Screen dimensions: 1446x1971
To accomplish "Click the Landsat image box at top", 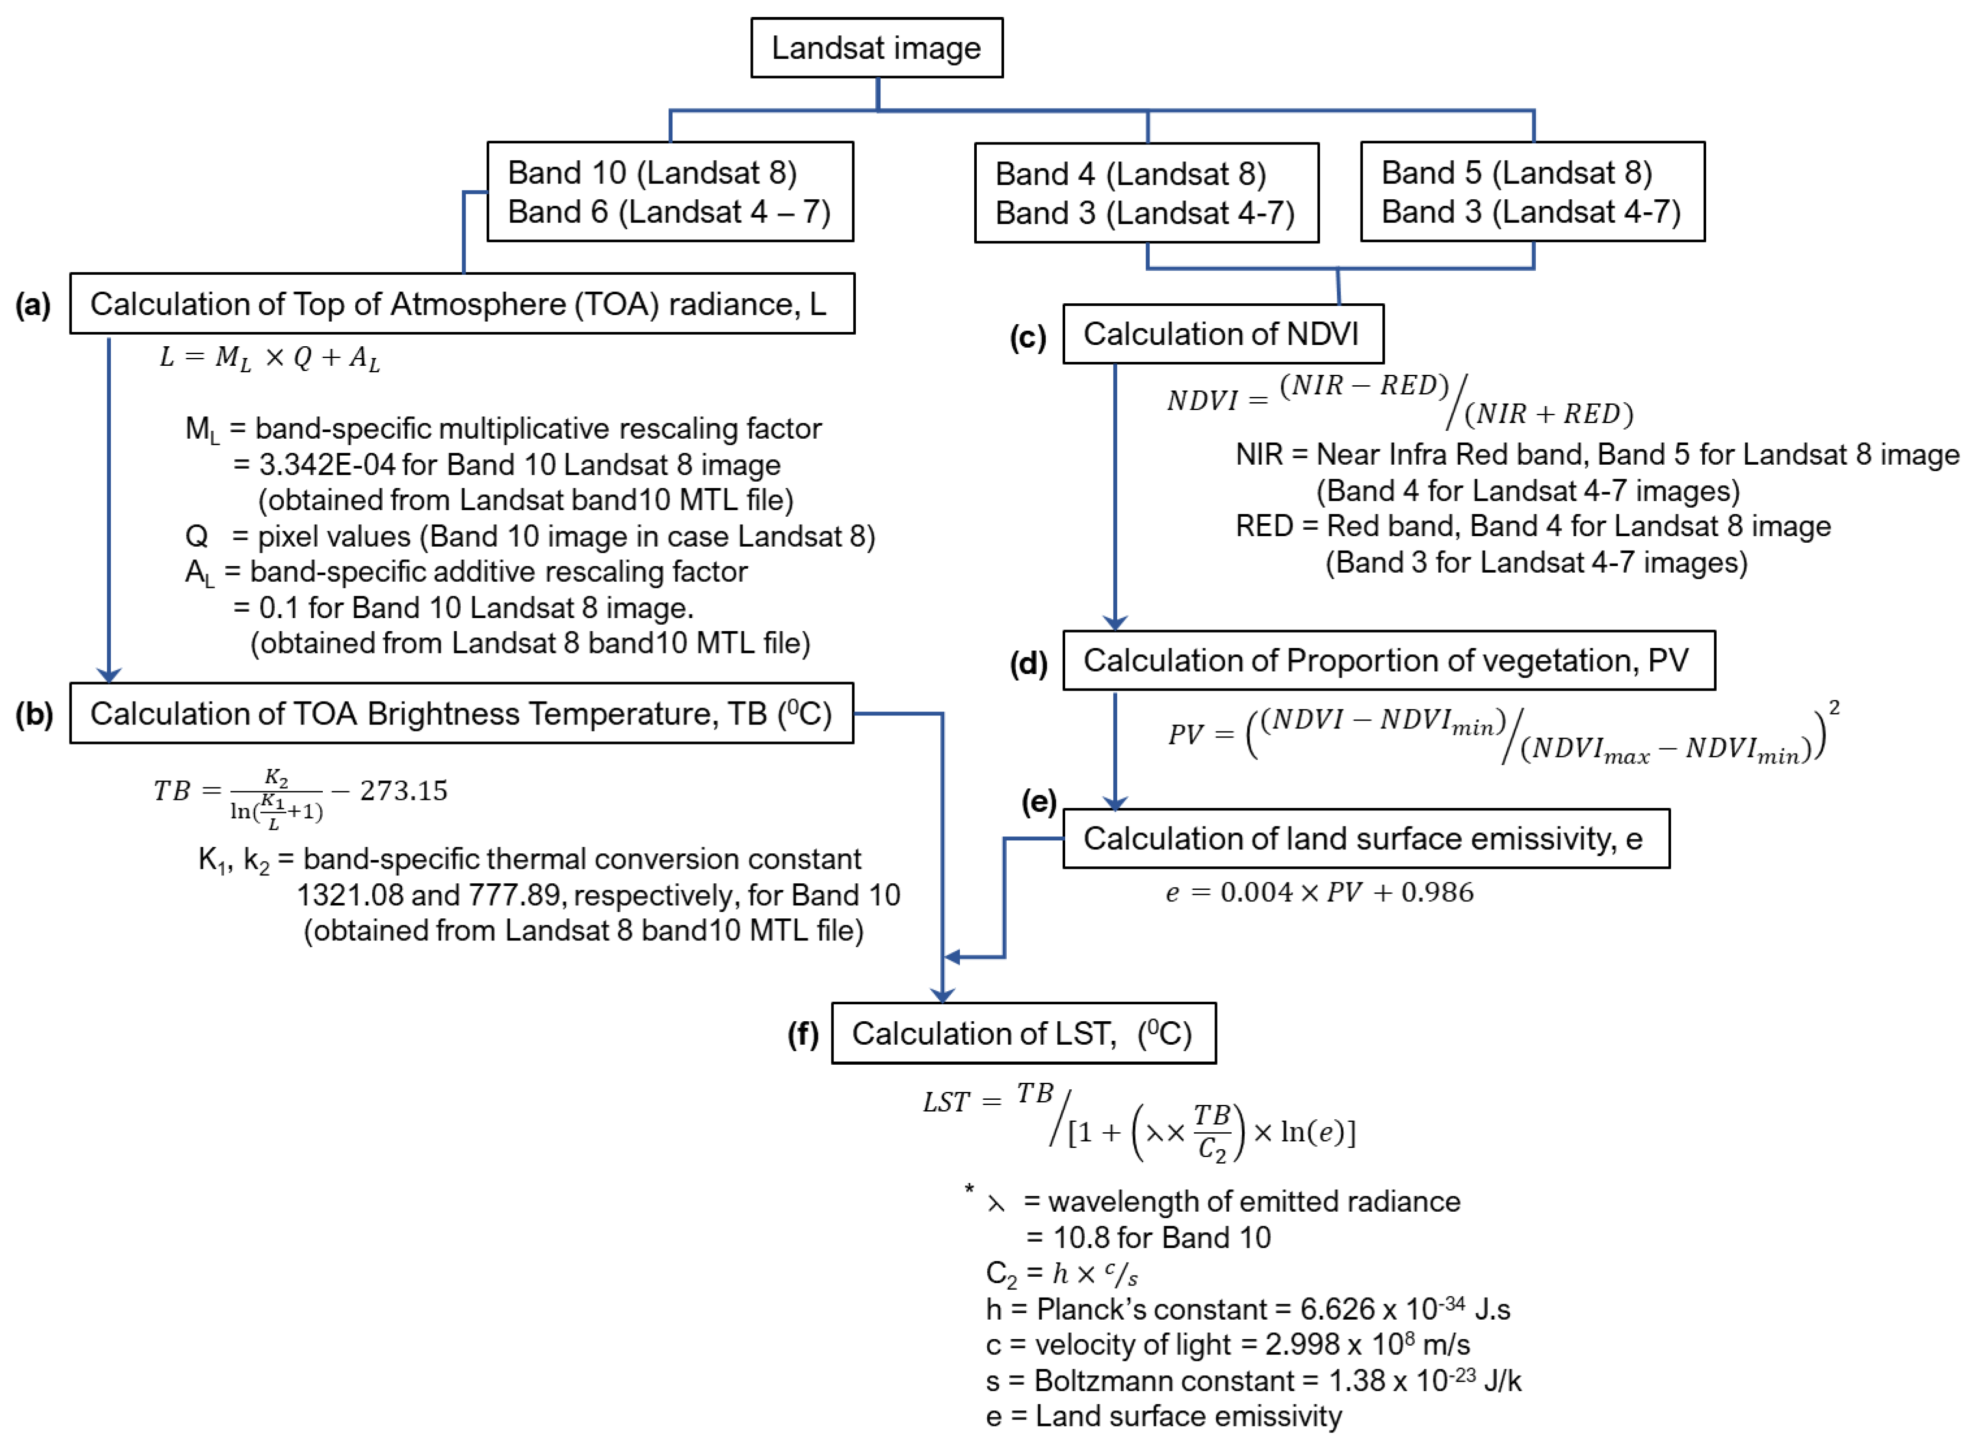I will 876,48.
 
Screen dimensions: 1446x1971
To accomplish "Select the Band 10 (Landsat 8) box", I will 669,192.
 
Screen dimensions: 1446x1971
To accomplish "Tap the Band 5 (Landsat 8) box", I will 1532,192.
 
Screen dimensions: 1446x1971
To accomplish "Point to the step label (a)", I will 33,305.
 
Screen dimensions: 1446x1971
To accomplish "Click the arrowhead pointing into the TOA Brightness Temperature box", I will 108,675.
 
